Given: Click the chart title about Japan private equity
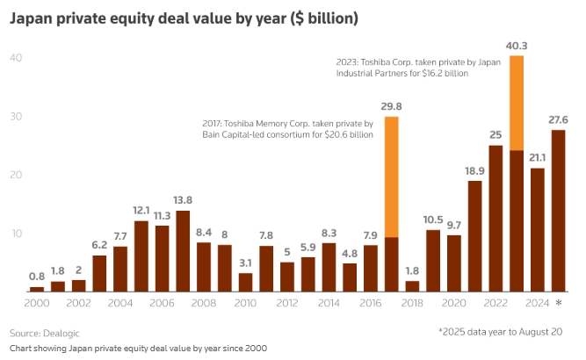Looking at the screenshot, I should [172, 17].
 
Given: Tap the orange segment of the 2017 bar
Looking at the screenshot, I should [392, 176].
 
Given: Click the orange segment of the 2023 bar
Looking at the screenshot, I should [517, 103].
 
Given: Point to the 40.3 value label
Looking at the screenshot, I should [517, 46].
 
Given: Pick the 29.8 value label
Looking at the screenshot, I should [392, 106].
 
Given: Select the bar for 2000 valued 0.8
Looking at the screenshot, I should [37, 289].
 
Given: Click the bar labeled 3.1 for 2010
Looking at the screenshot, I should [246, 282].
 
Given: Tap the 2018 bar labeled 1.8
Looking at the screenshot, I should [413, 285].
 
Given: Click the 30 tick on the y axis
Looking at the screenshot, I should [16, 117].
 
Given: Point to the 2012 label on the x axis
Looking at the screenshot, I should [287, 303].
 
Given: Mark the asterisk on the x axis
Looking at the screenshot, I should [559, 304].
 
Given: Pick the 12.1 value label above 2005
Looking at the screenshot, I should [141, 210].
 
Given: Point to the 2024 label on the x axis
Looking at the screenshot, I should [538, 303].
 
